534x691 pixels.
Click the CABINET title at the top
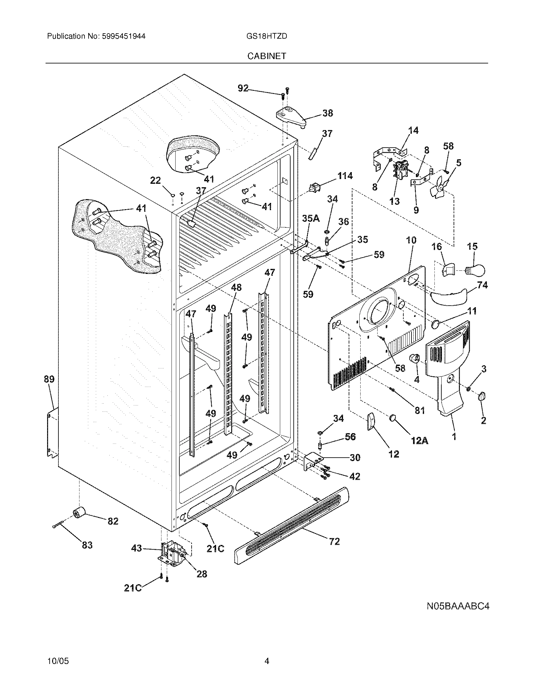(267, 56)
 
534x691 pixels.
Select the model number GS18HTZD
(266, 36)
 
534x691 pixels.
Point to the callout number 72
(334, 541)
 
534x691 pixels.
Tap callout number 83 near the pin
(87, 545)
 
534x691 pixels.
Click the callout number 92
(243, 88)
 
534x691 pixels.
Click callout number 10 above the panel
(411, 240)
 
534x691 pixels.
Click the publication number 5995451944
(123, 36)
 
